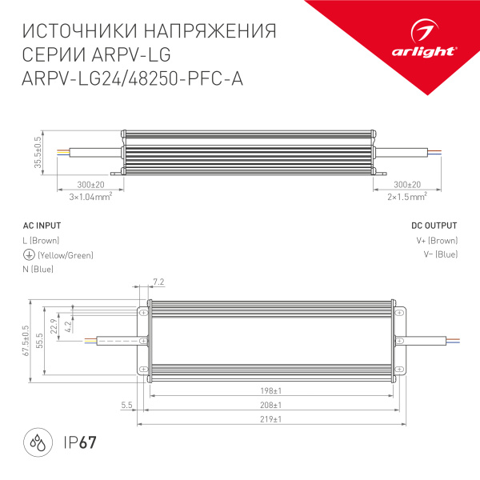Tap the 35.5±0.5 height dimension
(37, 152)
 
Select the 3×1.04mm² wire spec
(89, 195)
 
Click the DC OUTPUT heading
(434, 226)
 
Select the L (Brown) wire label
(42, 240)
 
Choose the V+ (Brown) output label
(437, 240)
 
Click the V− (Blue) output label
(438, 255)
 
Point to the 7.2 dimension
(158, 282)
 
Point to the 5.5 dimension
(126, 406)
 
